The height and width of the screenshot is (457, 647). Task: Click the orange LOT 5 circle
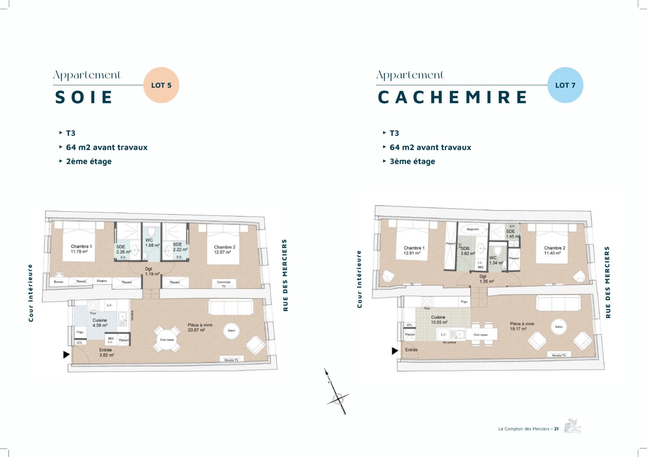click(x=161, y=85)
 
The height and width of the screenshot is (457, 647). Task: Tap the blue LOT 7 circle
click(x=565, y=85)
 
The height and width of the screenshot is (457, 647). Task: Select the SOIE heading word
click(x=84, y=97)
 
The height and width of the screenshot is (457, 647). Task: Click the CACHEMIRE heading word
click(x=452, y=97)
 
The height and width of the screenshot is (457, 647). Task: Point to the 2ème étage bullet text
click(x=89, y=161)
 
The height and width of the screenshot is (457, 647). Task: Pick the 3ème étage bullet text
click(x=412, y=161)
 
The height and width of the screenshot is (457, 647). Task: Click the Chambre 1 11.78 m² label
click(x=81, y=249)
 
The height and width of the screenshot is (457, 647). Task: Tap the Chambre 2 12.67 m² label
click(x=224, y=250)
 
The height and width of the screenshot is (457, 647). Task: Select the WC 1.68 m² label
click(x=152, y=243)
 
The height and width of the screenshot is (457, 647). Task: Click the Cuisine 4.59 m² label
click(x=100, y=323)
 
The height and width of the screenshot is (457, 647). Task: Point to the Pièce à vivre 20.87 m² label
click(x=200, y=327)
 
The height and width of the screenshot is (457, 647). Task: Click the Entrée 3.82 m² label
click(x=106, y=353)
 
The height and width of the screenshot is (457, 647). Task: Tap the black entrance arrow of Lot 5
click(x=66, y=354)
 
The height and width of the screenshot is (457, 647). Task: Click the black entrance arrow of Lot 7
click(x=395, y=351)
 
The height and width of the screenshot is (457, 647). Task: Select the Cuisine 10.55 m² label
click(x=439, y=320)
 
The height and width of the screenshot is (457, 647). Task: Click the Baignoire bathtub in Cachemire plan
click(x=472, y=229)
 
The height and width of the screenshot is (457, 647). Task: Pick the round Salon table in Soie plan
click(x=231, y=330)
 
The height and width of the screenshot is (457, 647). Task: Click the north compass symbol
click(x=338, y=399)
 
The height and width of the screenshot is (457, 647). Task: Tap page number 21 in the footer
click(x=556, y=429)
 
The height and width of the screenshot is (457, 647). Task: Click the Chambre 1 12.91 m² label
click(x=414, y=250)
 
